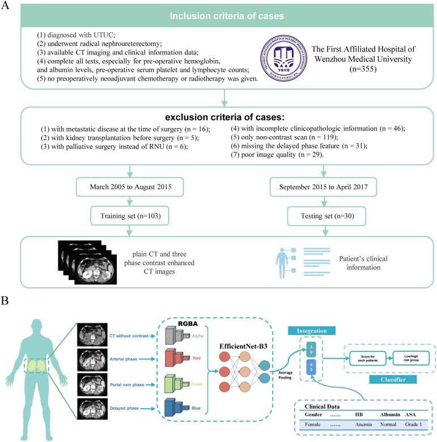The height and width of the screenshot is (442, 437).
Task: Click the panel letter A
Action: [x=7, y=6]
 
